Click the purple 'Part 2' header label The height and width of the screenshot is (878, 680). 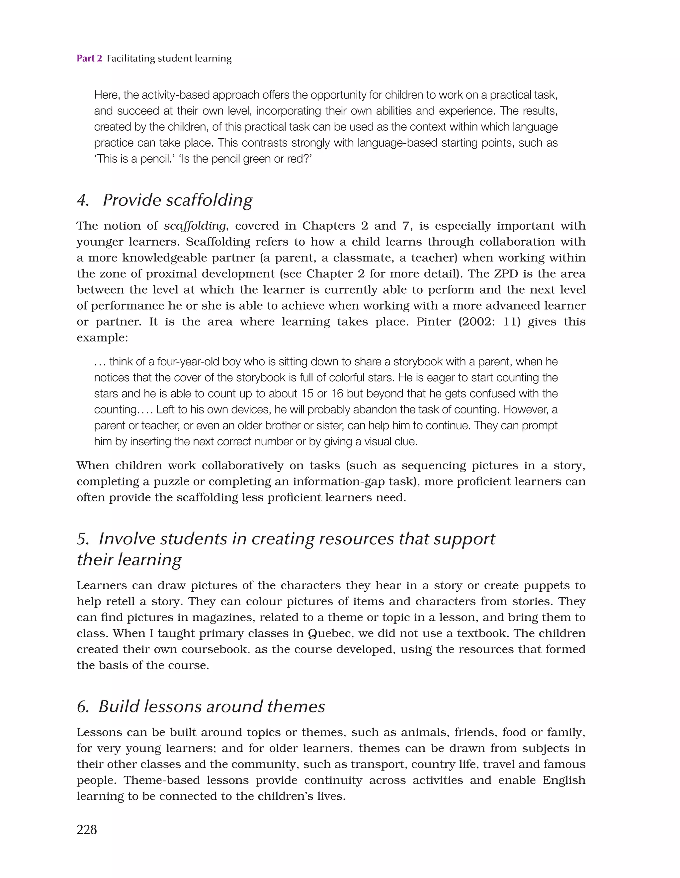pos(89,58)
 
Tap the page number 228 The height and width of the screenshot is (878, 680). pos(87,829)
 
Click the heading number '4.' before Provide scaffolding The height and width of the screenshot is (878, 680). pos(83,200)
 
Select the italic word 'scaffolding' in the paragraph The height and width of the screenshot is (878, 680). pos(195,226)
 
